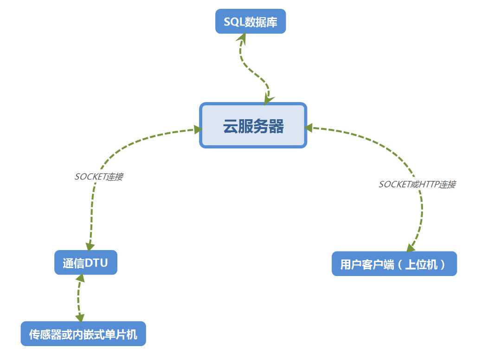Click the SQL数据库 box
pos(250,22)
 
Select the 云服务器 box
pos(253,126)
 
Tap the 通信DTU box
pos(85,263)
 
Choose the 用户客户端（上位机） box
pos(394,264)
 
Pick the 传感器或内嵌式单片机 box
pos(83,334)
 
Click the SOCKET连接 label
pos(98,177)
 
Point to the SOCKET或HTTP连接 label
pos(417,184)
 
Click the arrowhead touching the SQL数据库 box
pos(243,38)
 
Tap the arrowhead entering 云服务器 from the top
pos(268,98)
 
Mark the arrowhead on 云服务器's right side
pos(310,127)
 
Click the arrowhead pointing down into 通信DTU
pos(89,247)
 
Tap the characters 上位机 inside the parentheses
pos(425,264)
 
